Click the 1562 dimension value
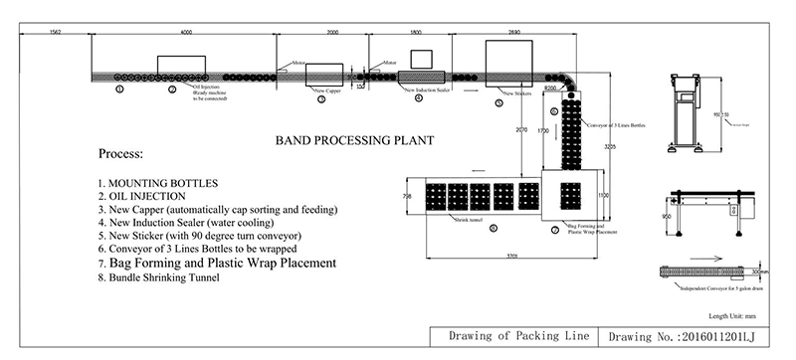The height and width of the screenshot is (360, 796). point(56,33)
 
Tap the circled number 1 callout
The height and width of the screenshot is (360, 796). point(119,90)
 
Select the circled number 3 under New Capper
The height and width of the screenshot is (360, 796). point(320,99)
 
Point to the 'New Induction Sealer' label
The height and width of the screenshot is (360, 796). point(428,90)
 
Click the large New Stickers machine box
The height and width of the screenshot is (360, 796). point(512,57)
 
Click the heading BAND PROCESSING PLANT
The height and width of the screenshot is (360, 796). point(346,140)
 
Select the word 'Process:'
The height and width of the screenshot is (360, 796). point(121,156)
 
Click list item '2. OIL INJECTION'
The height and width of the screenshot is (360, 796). point(150,197)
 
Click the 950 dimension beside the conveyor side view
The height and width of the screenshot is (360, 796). point(665,213)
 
